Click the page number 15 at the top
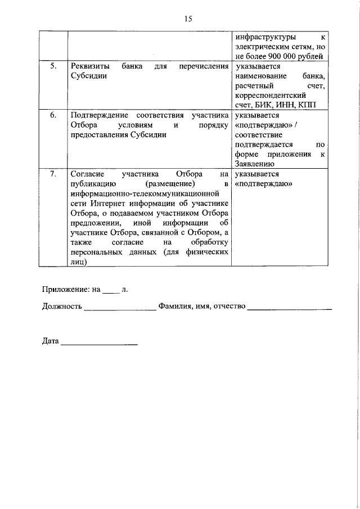click(188, 19)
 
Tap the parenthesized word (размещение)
click(169, 184)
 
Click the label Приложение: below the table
click(66, 290)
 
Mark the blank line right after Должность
click(120, 307)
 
